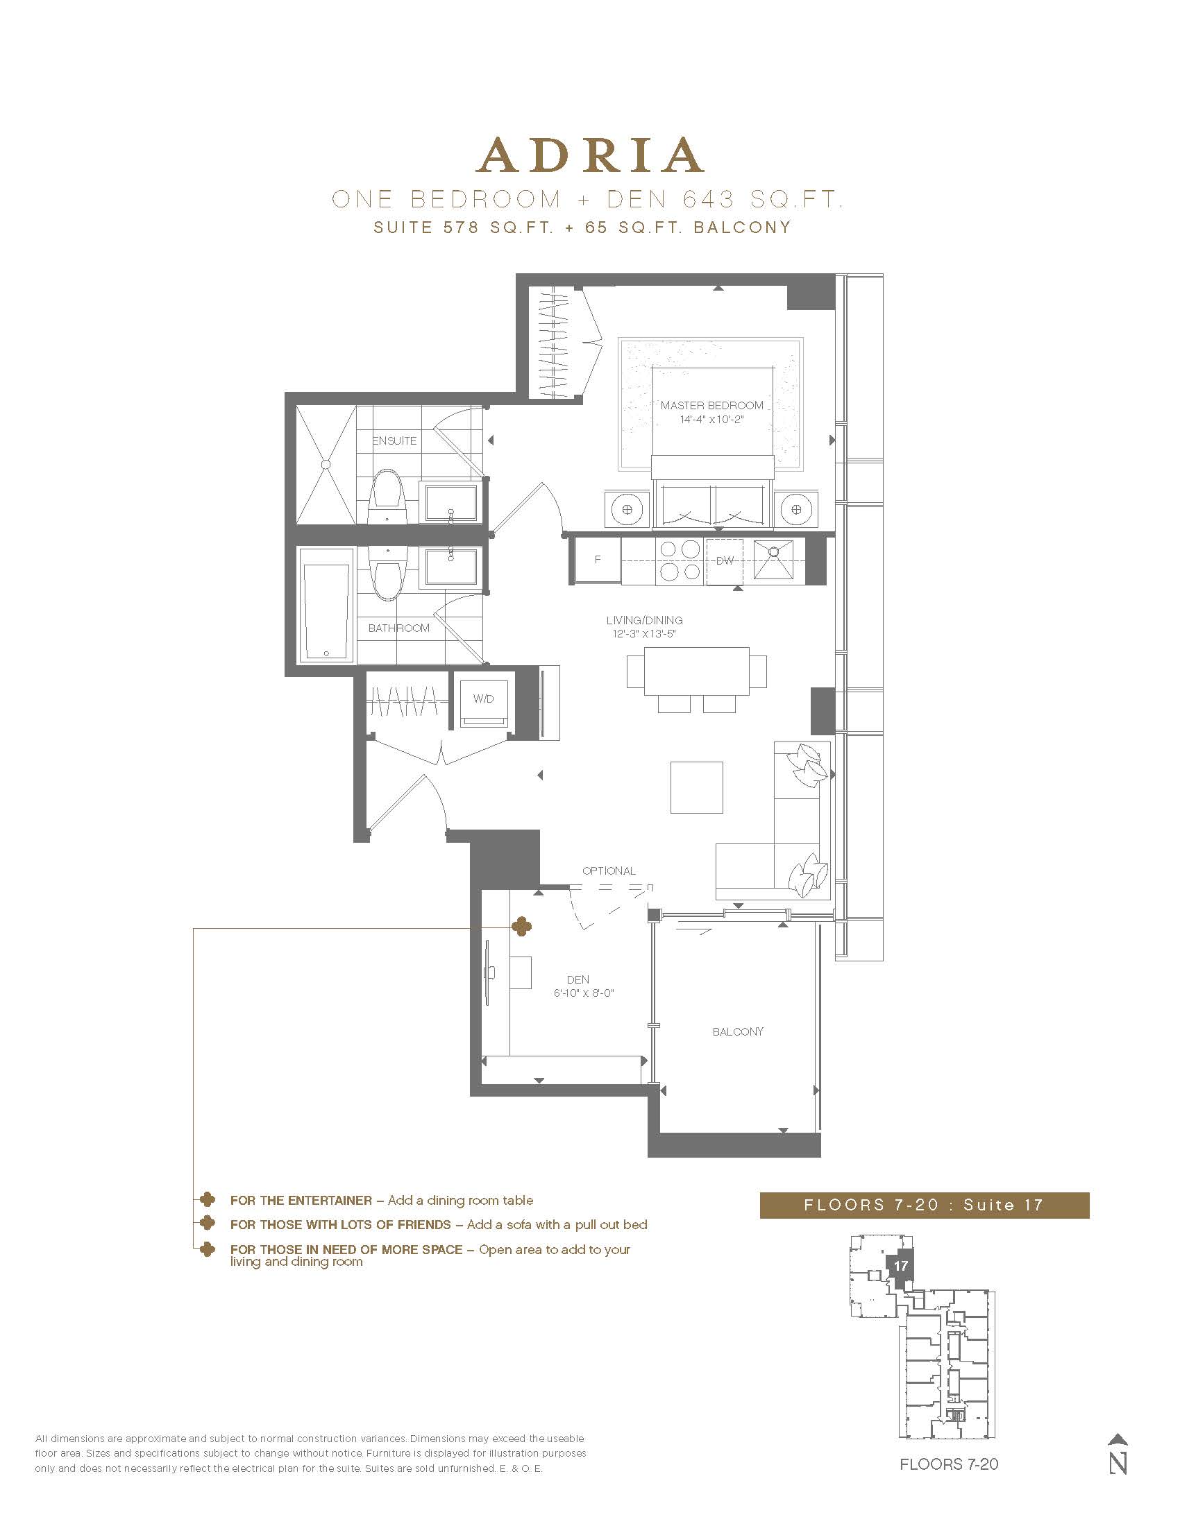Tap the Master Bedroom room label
coord(711,405)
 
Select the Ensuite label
coord(394,441)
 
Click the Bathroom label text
coord(398,628)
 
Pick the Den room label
coord(578,979)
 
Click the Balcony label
coord(739,1031)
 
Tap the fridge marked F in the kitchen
coord(596,560)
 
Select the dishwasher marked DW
coord(725,560)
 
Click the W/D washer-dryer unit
coord(483,700)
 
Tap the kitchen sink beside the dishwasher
coord(773,559)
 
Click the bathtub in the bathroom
coord(326,605)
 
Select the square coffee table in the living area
coord(696,787)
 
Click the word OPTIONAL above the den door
coord(609,871)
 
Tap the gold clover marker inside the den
coord(521,927)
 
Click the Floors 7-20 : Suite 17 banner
coord(924,1205)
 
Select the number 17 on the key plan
coord(900,1265)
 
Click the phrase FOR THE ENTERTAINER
coord(301,1201)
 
